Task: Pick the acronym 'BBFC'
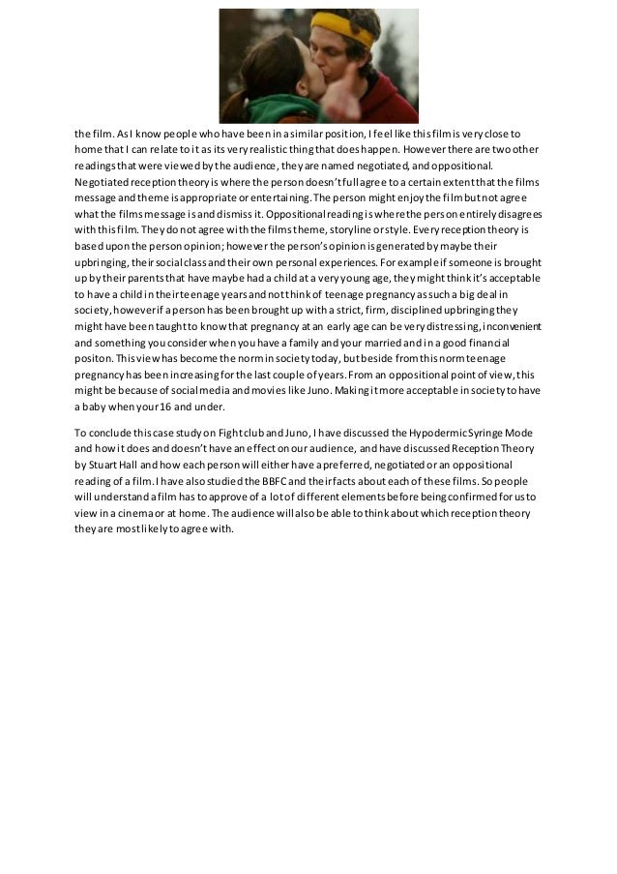pyautogui.click(x=264, y=481)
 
